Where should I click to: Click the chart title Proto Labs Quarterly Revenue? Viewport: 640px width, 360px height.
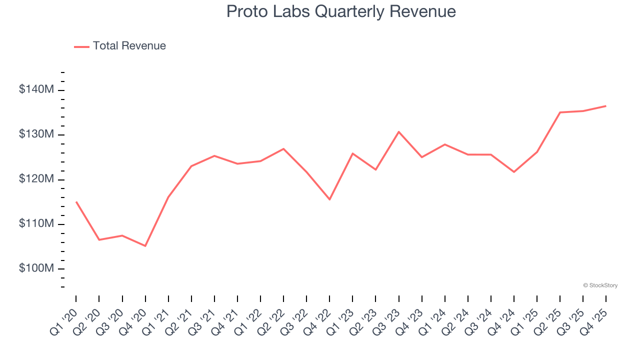point(341,11)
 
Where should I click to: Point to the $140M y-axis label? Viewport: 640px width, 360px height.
point(36,90)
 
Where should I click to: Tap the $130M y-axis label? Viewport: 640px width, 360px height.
point(36,134)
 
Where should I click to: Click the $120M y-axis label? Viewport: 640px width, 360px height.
point(36,179)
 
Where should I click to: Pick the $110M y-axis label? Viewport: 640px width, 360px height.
point(36,223)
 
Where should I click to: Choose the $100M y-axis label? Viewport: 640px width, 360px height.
point(36,268)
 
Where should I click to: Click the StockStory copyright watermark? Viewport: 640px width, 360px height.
point(600,285)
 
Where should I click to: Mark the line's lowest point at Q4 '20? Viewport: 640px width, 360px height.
point(145,246)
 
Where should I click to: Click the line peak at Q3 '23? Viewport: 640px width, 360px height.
point(398,131)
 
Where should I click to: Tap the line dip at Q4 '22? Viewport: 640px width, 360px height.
point(329,199)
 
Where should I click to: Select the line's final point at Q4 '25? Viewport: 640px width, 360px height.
point(606,105)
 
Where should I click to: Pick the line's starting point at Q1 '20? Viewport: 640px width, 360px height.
point(76,202)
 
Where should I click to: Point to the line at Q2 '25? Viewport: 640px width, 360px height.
point(560,112)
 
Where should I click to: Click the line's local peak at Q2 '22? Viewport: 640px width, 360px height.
point(283,148)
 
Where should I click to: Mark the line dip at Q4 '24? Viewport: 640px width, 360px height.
point(514,172)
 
